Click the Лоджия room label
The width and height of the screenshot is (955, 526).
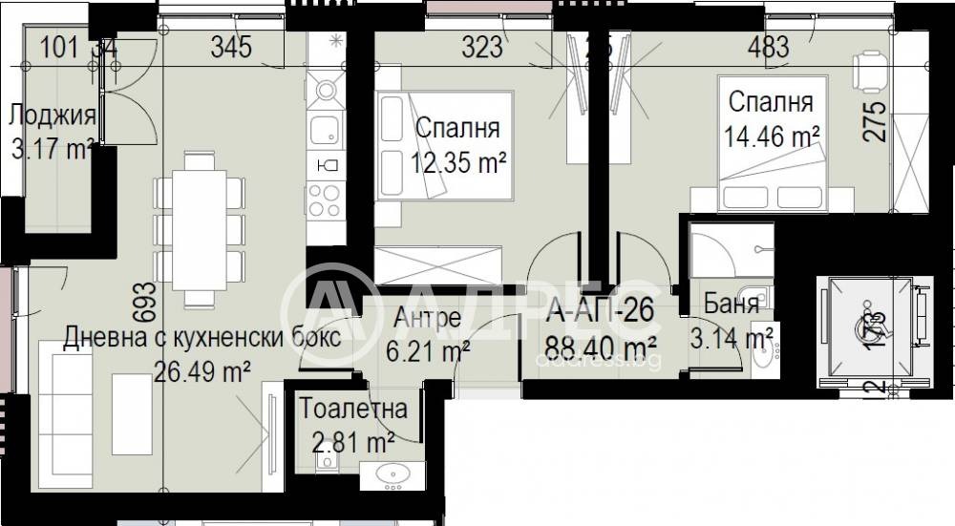tap(52, 116)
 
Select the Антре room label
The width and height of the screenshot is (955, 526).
tap(427, 318)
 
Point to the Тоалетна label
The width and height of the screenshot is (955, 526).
tap(353, 410)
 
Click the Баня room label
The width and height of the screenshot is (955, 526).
tap(732, 305)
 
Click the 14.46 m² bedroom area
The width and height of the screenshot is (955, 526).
tap(773, 136)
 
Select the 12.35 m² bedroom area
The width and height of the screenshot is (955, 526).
tap(458, 163)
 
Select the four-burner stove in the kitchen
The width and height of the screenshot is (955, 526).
tap(325, 200)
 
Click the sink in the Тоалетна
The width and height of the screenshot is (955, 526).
tap(391, 473)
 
